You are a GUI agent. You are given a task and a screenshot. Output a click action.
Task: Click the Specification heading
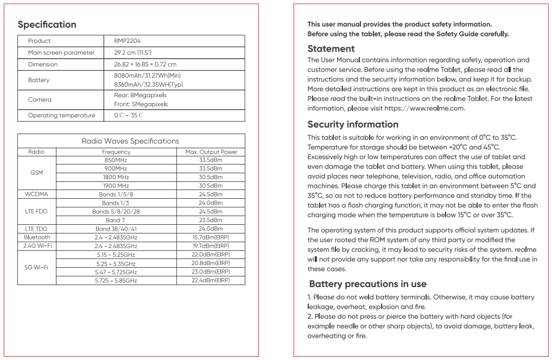(47, 24)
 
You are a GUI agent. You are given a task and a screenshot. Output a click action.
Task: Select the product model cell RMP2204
(128, 41)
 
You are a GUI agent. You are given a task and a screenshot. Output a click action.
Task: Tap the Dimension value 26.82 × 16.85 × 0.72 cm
(145, 64)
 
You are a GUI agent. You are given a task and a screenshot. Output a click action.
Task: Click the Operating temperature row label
(61, 115)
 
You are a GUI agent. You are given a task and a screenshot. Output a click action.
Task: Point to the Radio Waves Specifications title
(130, 141)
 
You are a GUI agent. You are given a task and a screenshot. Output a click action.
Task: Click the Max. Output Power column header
(211, 152)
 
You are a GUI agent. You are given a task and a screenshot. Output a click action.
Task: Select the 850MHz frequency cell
(116, 161)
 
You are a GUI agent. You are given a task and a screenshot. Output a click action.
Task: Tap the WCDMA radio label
(36, 194)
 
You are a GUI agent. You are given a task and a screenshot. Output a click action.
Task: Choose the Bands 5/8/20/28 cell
(116, 211)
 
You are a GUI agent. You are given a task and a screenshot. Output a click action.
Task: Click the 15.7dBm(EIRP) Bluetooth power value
(211, 237)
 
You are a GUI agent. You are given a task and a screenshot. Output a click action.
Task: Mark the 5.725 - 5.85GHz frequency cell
(116, 281)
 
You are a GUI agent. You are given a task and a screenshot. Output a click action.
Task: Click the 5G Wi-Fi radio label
(36, 268)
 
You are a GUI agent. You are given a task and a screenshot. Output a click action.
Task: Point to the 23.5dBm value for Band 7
(211, 220)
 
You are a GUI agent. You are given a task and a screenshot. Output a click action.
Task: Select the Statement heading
(331, 49)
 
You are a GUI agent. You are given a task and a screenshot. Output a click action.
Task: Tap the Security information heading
(353, 124)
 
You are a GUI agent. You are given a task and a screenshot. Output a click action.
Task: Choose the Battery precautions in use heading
(367, 284)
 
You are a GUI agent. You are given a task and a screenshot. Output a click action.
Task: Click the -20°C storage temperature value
(459, 147)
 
